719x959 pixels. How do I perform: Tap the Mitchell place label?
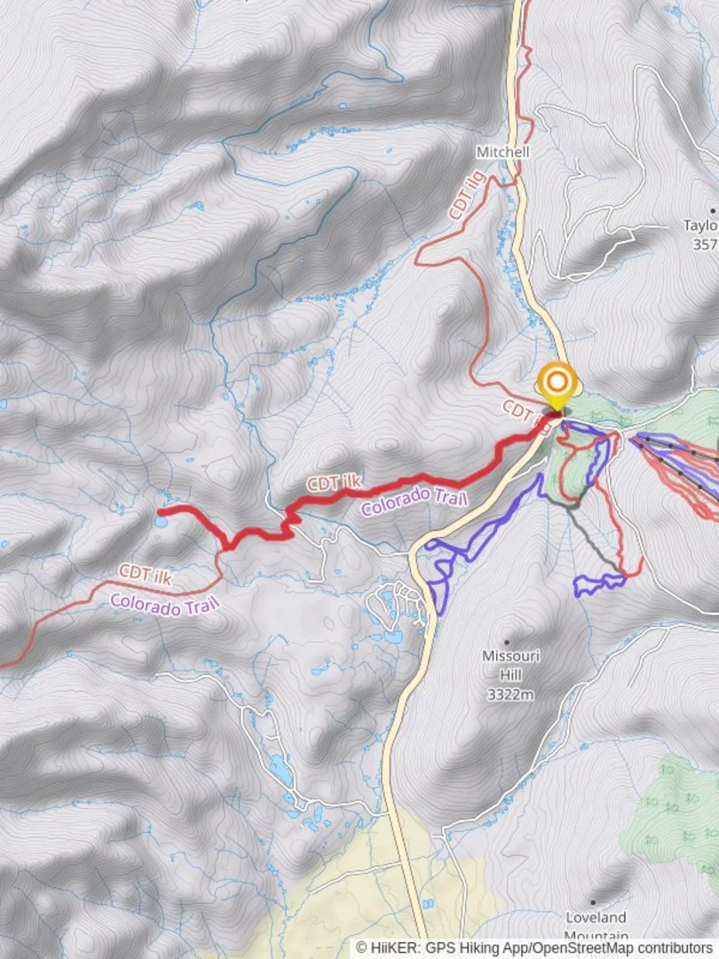tap(502, 152)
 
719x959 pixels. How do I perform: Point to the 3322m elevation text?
tap(510, 694)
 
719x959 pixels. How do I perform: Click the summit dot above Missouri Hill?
tap(507, 641)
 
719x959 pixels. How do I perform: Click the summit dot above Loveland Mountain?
tap(592, 902)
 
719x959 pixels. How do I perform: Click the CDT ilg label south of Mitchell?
tap(470, 196)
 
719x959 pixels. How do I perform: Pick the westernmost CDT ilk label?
tap(145, 574)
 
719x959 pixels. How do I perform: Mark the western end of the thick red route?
tap(160, 511)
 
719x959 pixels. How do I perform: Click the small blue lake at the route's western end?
tap(160, 522)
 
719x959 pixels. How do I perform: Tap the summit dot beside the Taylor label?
tap(712, 211)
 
